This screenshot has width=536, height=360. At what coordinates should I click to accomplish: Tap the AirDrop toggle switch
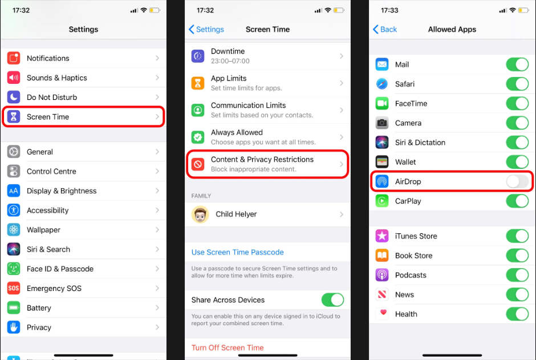(517, 181)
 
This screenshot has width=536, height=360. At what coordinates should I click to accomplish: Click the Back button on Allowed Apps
(385, 30)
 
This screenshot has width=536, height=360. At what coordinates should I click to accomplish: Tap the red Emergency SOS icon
(14, 288)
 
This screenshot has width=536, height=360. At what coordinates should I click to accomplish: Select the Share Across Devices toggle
(332, 300)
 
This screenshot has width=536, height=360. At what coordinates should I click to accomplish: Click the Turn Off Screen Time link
(228, 347)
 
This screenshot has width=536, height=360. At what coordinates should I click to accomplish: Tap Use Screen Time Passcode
(238, 252)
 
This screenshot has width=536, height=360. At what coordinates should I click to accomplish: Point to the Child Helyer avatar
(200, 215)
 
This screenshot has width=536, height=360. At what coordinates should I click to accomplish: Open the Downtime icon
(198, 56)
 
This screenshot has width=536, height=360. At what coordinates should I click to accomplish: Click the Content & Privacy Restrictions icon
(198, 164)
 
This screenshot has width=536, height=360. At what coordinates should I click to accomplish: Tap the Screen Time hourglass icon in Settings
(14, 116)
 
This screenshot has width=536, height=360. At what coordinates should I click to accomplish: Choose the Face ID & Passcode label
(60, 269)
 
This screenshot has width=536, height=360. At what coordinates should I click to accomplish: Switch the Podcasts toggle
(517, 275)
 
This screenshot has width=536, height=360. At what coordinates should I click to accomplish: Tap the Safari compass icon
(382, 84)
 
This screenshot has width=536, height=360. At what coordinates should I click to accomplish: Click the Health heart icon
(382, 314)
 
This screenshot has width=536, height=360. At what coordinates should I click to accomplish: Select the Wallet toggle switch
(517, 162)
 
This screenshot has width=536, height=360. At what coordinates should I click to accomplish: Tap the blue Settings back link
(206, 30)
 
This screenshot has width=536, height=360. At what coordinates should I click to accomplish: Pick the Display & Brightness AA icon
(14, 191)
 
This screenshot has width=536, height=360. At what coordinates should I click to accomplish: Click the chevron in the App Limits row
(342, 83)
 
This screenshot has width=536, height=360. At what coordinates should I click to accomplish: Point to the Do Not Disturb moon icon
(14, 97)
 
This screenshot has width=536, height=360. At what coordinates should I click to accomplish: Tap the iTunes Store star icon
(382, 236)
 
